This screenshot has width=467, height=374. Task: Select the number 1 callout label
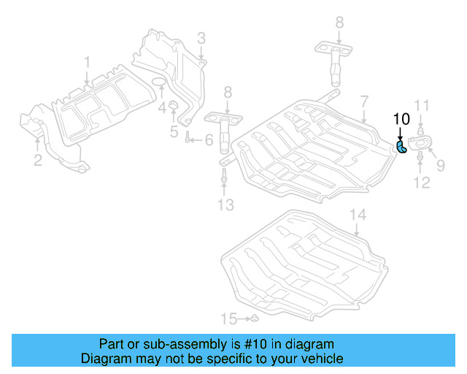pyautogui.click(x=86, y=62)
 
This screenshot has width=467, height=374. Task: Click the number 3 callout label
pyautogui.click(x=201, y=38)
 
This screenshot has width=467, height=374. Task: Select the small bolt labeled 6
pyautogui.click(x=188, y=140)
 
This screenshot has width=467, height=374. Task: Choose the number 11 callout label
pyautogui.click(x=423, y=104)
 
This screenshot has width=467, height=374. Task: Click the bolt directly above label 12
pyautogui.click(x=422, y=157)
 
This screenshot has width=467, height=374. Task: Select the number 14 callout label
pyautogui.click(x=356, y=215)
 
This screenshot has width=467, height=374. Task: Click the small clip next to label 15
pyautogui.click(x=252, y=319)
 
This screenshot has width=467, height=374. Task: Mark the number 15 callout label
pyautogui.click(x=230, y=318)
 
